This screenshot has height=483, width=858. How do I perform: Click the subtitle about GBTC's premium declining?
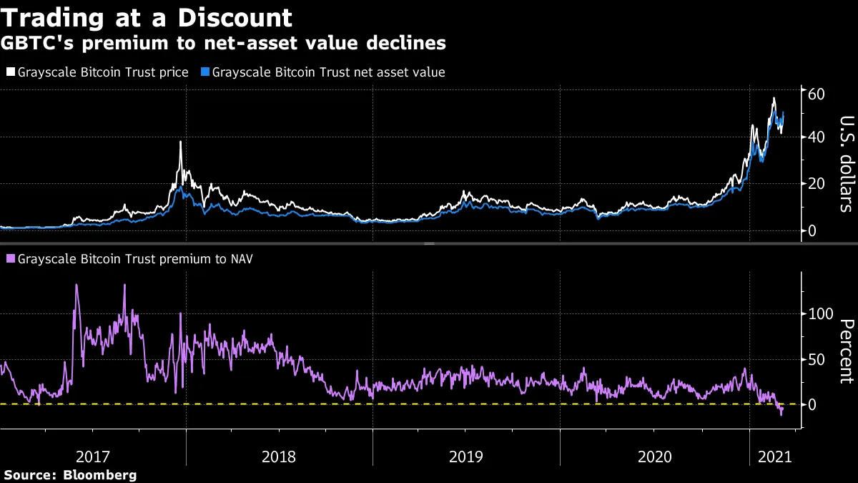coord(225,44)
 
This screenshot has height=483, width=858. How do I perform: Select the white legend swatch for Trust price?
coord(10,72)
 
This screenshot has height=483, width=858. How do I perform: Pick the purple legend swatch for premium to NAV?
coord(10,259)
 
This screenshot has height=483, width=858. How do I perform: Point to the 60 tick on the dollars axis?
coord(817,94)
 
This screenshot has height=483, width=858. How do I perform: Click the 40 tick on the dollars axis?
coord(817,137)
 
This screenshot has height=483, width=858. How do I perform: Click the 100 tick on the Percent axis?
coord(821,313)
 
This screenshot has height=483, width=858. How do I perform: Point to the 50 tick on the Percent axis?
coord(817,359)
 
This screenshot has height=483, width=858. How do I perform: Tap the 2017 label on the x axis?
coord(93,457)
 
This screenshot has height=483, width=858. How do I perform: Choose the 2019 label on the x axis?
coord(466,457)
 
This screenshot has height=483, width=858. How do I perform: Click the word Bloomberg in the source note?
coord(99,475)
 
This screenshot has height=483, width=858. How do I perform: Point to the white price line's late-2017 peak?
coord(180,142)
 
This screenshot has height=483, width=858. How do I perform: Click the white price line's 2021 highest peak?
coord(774,98)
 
